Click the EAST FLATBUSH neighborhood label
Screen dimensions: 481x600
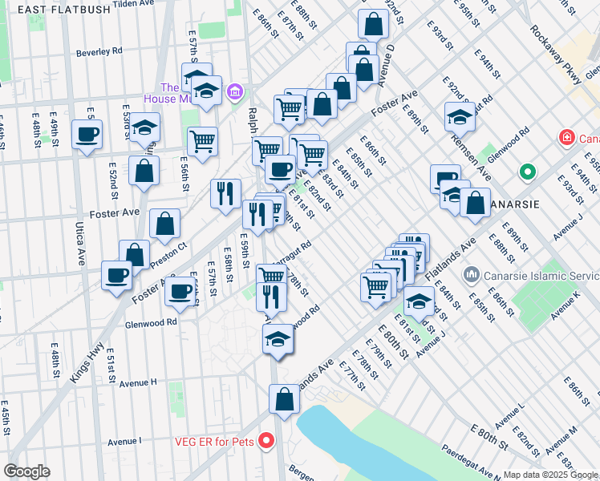(x=53, y=10)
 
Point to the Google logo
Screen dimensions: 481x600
(x=27, y=471)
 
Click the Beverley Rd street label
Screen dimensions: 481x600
(x=99, y=51)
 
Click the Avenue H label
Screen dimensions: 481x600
(x=138, y=383)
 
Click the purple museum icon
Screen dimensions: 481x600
(x=235, y=93)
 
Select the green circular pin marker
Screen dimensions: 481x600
(x=527, y=172)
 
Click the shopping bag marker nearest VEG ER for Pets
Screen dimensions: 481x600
(x=284, y=398)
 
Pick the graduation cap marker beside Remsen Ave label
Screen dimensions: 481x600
(x=460, y=116)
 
